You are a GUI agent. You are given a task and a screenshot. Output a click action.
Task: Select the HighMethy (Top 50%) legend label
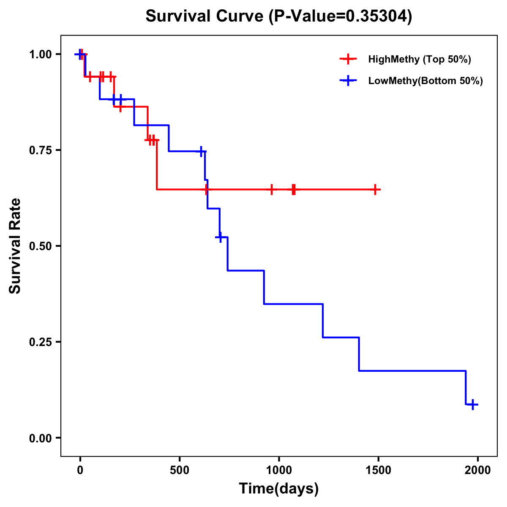pyautogui.click(x=419, y=59)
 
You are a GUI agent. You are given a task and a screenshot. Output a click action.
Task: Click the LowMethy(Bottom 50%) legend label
pyautogui.click(x=425, y=81)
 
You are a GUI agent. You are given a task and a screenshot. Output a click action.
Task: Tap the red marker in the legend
pyautogui.click(x=348, y=59)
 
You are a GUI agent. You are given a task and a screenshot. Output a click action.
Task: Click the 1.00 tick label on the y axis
pyautogui.click(x=40, y=54)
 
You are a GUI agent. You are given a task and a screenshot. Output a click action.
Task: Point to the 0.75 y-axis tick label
pyautogui.click(x=40, y=150)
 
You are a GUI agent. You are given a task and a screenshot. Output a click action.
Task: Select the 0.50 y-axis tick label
pyautogui.click(x=40, y=246)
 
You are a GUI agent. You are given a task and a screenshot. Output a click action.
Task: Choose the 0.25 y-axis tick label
pyautogui.click(x=40, y=342)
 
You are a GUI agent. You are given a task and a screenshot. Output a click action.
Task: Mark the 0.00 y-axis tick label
pyautogui.click(x=40, y=438)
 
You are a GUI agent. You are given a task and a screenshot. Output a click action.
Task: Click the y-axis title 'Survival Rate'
pyautogui.click(x=15, y=246)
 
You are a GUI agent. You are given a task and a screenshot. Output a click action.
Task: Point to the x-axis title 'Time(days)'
pyautogui.click(x=279, y=489)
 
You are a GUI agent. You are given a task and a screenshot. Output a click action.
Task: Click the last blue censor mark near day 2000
pyautogui.click(x=473, y=404)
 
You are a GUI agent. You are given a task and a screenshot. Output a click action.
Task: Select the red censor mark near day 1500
pyautogui.click(x=374, y=189)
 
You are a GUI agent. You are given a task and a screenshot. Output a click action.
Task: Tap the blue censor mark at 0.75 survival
pyautogui.click(x=201, y=151)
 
